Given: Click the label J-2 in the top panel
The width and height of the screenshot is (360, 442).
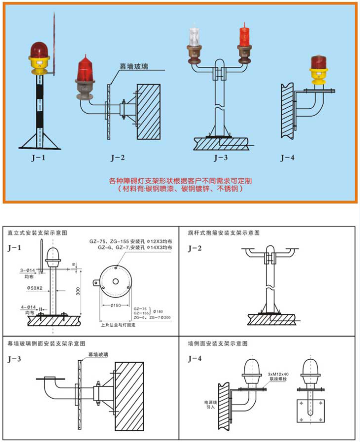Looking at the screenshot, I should [x=117, y=158].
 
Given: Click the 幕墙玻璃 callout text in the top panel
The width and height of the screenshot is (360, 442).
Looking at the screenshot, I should [x=133, y=66].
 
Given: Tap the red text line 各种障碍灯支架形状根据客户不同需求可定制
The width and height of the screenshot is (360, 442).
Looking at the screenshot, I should [x=180, y=181].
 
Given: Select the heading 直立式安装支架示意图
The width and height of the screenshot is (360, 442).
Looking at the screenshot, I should [x=37, y=232].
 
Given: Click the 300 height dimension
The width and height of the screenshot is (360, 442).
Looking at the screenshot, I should [x=78, y=291].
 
